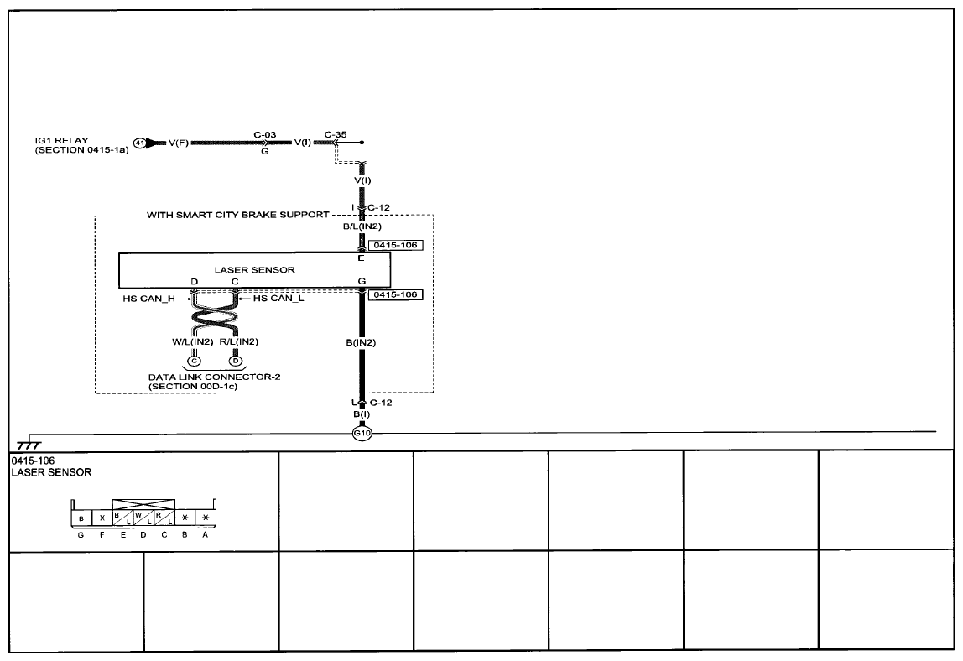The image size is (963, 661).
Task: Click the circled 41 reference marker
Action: pyautogui.click(x=139, y=143)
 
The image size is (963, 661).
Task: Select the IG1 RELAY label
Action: pyautogui.click(x=61, y=140)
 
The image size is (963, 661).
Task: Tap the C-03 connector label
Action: pyautogui.click(x=265, y=134)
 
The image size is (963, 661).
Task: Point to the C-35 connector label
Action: pyautogui.click(x=336, y=134)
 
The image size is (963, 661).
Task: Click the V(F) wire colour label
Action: pyautogui.click(x=178, y=143)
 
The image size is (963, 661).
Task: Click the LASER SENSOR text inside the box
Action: pyautogui.click(x=254, y=269)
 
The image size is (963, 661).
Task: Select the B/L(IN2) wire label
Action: pyautogui.click(x=362, y=226)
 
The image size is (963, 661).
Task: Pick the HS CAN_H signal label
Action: pyautogui.click(x=149, y=299)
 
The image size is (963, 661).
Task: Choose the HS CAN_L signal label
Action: pyautogui.click(x=278, y=299)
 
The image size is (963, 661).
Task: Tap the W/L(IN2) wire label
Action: pyautogui.click(x=192, y=341)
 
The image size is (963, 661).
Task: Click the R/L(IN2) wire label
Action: pyautogui.click(x=239, y=341)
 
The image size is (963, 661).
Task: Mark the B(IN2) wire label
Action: pyautogui.click(x=361, y=342)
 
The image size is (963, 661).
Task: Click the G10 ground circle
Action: pyautogui.click(x=362, y=433)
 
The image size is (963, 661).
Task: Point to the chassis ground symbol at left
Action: pyautogui.click(x=29, y=444)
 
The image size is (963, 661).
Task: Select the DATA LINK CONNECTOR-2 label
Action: pyautogui.click(x=215, y=377)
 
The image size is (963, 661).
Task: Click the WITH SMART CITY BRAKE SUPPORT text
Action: pyautogui.click(x=238, y=215)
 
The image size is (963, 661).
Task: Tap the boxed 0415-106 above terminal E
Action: pyautogui.click(x=396, y=245)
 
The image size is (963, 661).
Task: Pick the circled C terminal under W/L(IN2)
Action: pyautogui.click(x=194, y=361)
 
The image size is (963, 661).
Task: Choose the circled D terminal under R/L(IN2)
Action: pyautogui.click(x=235, y=361)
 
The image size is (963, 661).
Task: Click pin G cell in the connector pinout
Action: pyautogui.click(x=81, y=518)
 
